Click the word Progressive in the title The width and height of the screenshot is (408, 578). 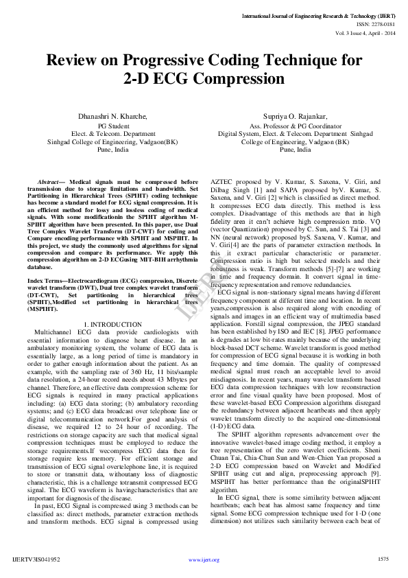pyautogui.click(x=159, y=60)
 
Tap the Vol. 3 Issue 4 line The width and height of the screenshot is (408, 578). pyautogui.click(x=365, y=32)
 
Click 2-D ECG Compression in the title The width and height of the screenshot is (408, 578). pyautogui.click(x=204, y=78)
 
